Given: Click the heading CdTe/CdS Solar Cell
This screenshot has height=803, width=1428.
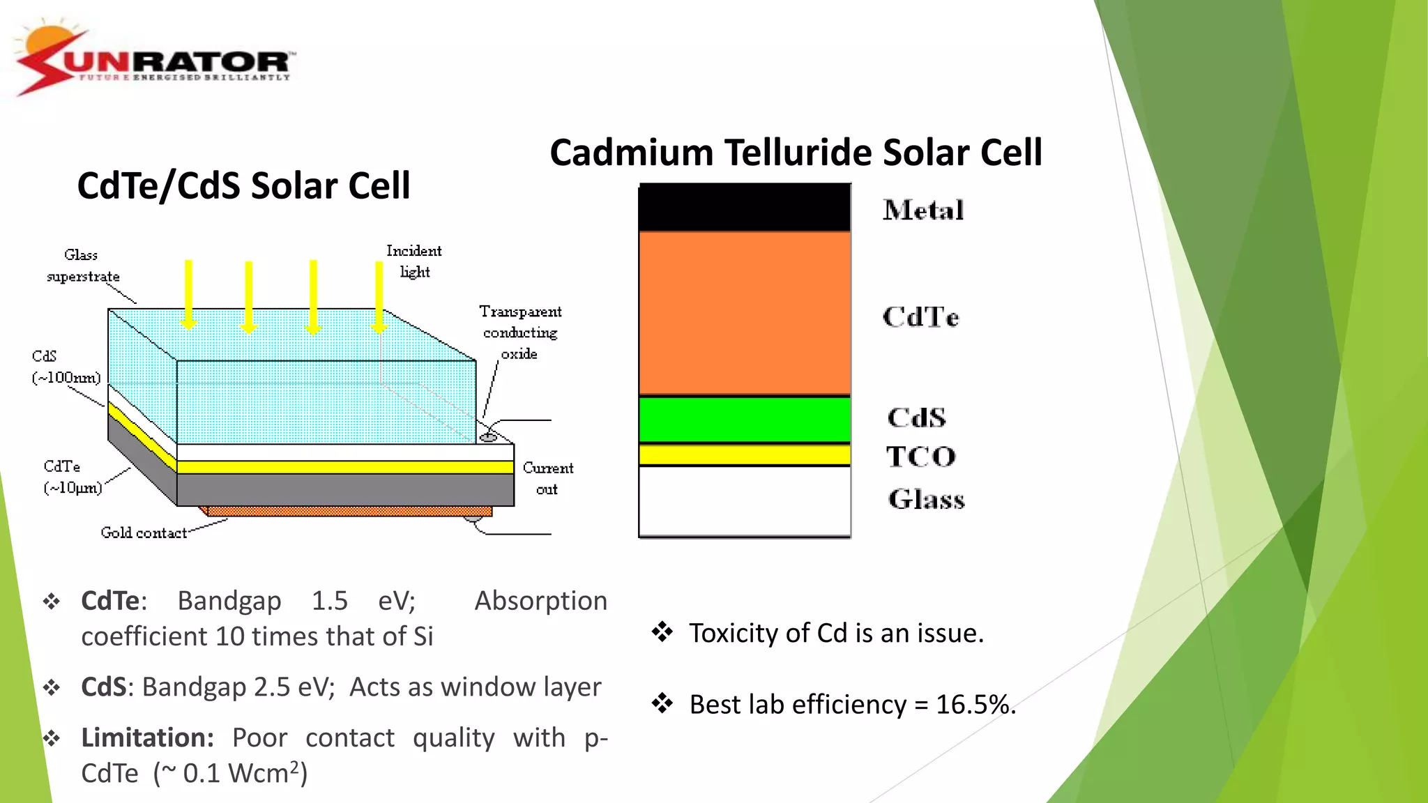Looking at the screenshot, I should pos(243,185).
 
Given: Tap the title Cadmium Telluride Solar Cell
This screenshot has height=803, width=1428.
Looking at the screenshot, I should pos(796,153).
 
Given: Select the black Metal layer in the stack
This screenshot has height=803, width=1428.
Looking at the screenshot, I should pos(744,208).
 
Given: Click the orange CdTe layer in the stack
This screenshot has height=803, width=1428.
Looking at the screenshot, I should pos(744,314).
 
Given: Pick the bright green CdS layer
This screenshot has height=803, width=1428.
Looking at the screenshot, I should pos(744,420).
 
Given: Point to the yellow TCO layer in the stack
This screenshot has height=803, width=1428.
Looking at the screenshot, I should pos(744,455).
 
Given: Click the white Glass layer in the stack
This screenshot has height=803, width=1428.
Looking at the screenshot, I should pos(744,500).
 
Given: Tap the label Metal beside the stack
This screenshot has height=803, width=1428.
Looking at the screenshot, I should pos(923,211).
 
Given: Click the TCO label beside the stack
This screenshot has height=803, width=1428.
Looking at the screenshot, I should pos(920,457).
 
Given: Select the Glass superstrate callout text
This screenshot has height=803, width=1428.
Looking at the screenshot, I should pos(82,266).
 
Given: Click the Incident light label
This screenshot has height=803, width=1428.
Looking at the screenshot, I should pos(414,261).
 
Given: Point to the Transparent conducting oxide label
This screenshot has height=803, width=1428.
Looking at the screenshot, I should pos(520,332).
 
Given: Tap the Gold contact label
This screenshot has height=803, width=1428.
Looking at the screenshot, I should pos(144,533).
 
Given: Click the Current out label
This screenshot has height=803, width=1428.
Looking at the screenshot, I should pos(548,478).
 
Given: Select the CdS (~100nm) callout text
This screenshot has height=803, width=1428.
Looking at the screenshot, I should pos(66,367).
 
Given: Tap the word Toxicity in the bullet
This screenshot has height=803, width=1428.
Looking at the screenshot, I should pos(734,634).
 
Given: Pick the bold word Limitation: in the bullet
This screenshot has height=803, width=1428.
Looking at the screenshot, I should pos(147,738).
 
